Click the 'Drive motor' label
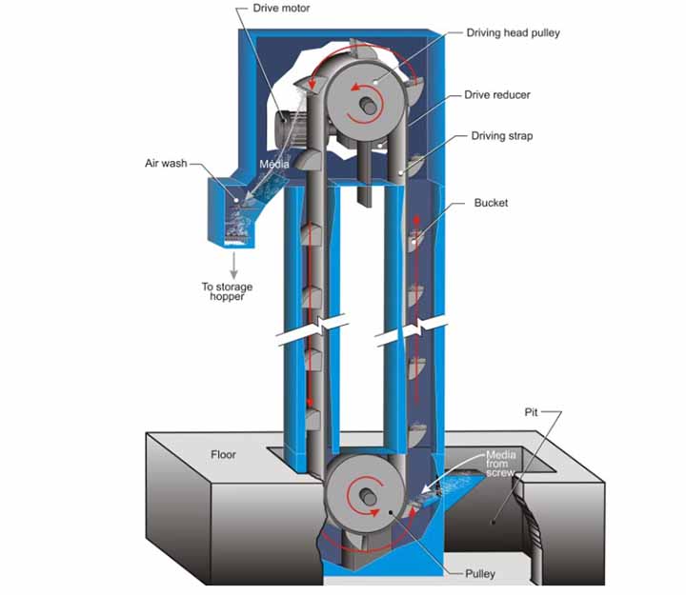pos(281,8)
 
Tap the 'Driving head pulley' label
pos(513,32)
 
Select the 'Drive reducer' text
pos(497,95)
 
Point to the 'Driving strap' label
pos(502,136)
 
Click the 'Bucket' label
pos(491,203)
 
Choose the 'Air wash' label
pos(166,163)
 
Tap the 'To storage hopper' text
pos(227,291)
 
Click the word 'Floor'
pos(223,455)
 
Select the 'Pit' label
pos(531,412)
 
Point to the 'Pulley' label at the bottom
pos(480,573)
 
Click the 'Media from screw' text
pos(500,464)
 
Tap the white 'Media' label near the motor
pos(274,164)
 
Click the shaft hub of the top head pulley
pos(368,106)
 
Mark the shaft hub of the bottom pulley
pos(368,497)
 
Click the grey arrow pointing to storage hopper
pos(234,266)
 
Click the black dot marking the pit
pos(494,522)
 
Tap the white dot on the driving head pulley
pos(375,82)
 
